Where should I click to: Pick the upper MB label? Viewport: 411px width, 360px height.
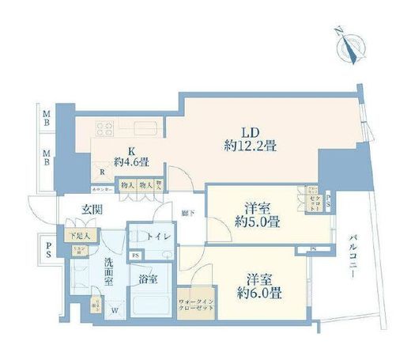47,119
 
